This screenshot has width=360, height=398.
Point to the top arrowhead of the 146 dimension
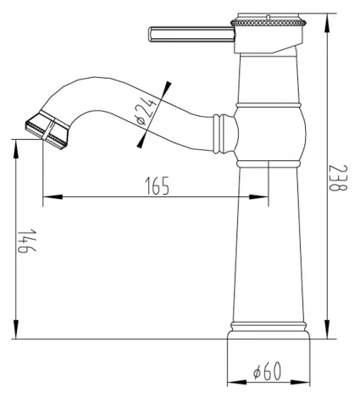pyautogui.click(x=16, y=146)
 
